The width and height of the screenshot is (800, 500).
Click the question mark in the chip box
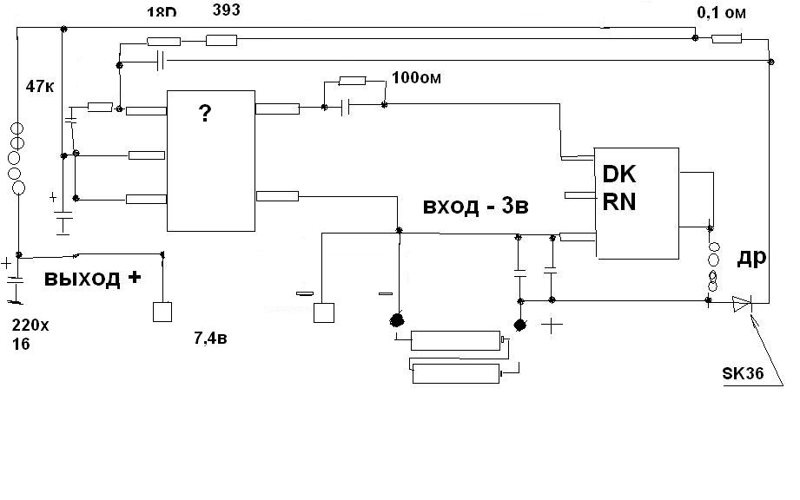pyautogui.click(x=205, y=115)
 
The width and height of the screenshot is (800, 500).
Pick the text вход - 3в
pyautogui.click(x=475, y=207)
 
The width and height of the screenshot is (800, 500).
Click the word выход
pyautogui.click(x=83, y=280)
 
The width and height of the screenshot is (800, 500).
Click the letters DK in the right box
pyautogui.click(x=619, y=175)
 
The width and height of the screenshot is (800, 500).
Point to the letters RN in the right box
pyautogui.click(x=619, y=202)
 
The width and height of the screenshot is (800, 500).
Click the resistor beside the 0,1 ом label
pyautogui.click(x=725, y=38)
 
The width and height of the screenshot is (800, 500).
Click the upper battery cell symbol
pyautogui.click(x=456, y=339)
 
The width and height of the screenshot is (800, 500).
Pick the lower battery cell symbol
pyautogui.click(x=456, y=373)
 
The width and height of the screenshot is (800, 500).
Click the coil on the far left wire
pyautogui.click(x=18, y=161)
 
